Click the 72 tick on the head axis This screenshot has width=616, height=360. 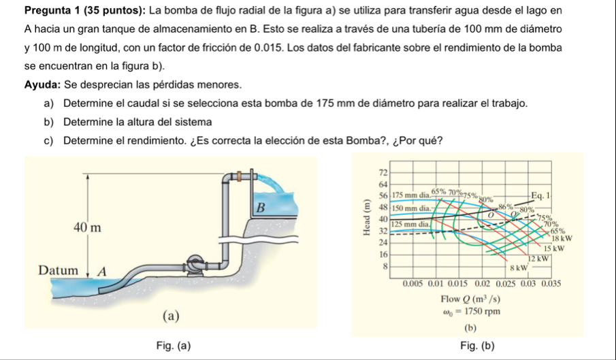tap(382, 169)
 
